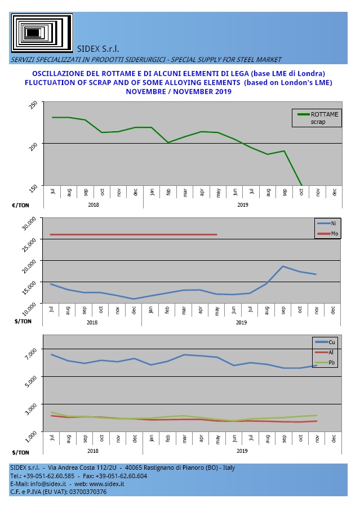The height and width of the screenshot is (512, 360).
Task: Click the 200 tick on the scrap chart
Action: pos(34,145)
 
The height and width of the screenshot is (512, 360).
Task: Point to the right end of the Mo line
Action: pos(216,234)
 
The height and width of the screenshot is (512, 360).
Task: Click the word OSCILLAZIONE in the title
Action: pos(61,74)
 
